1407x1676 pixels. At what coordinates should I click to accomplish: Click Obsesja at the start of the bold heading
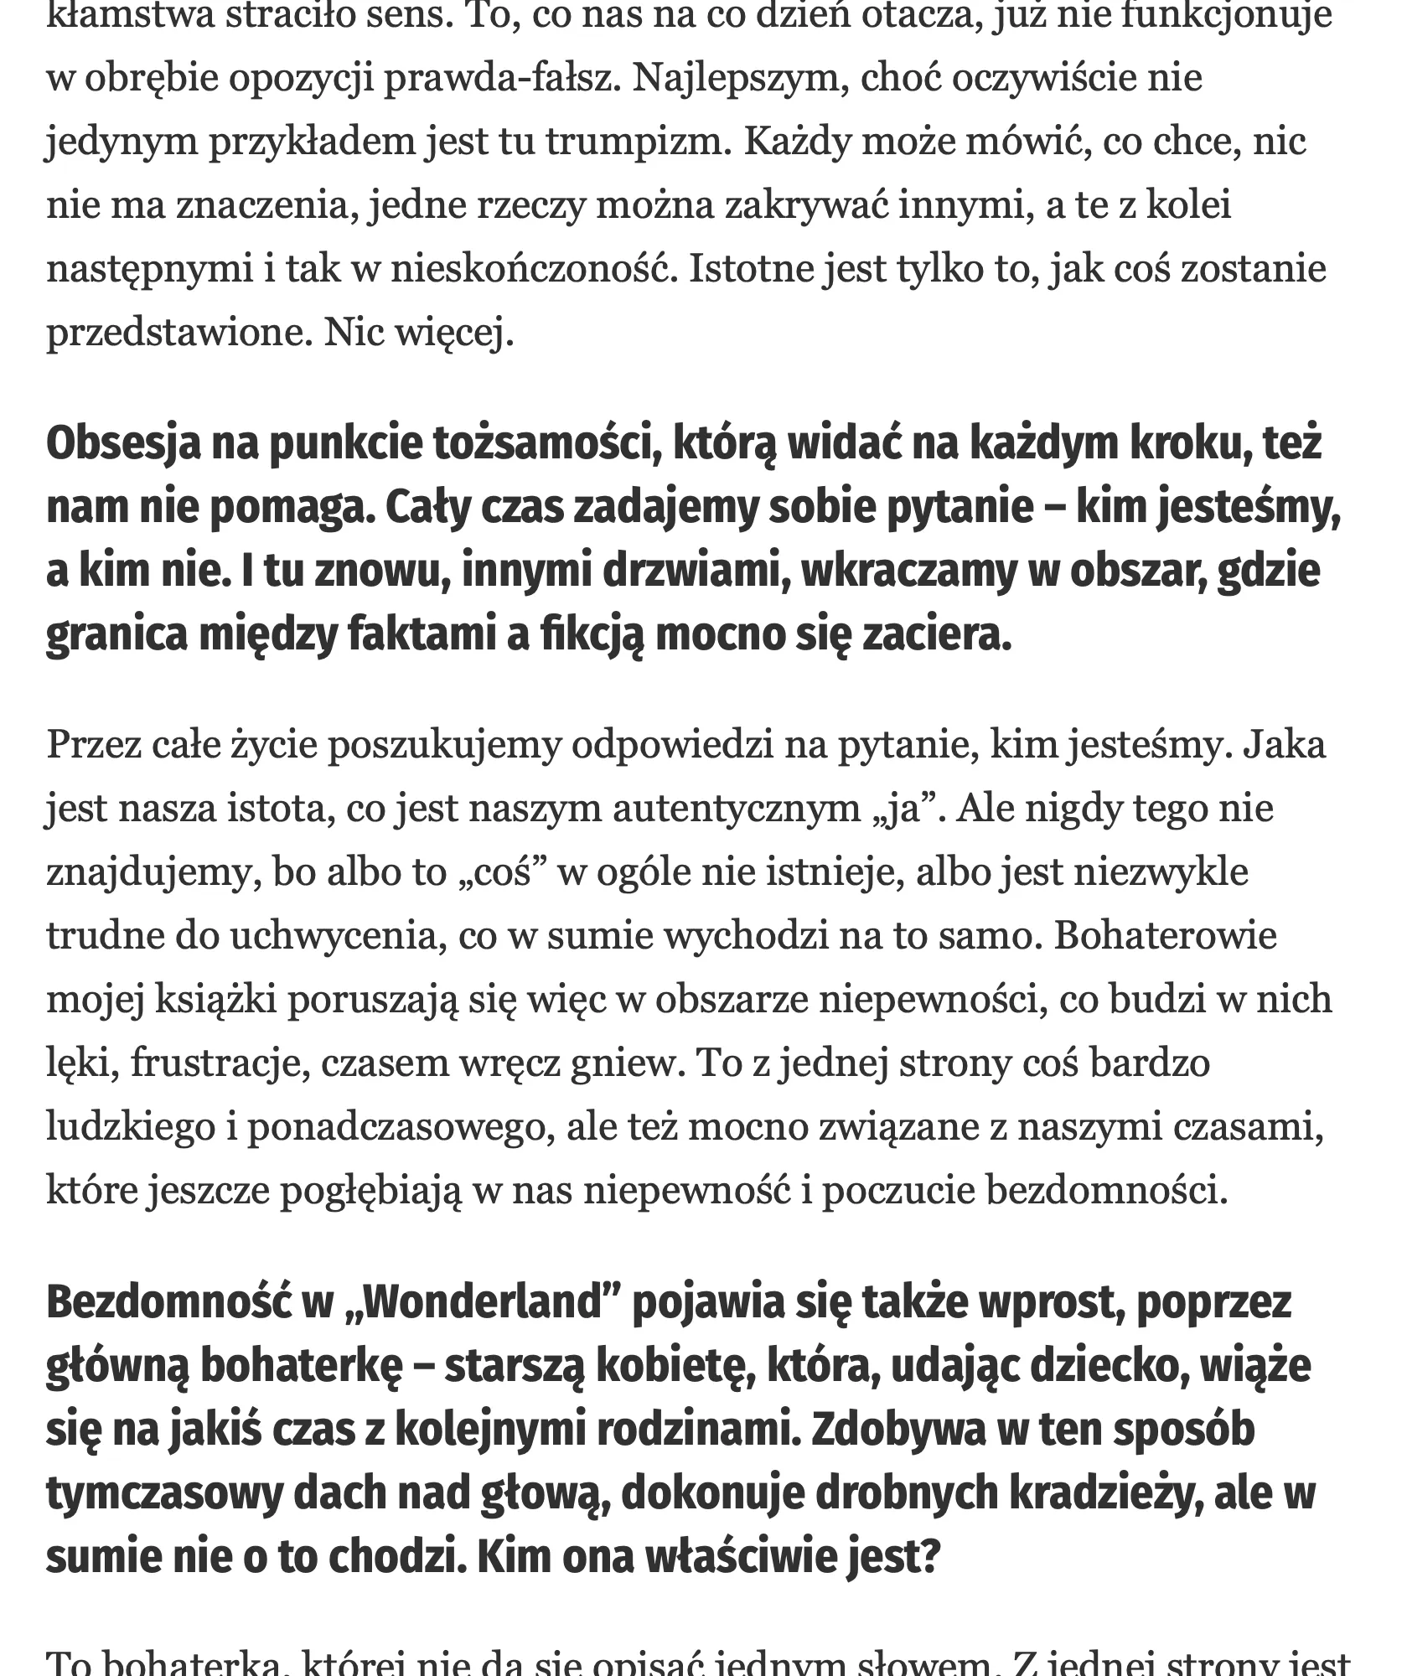coord(123,444)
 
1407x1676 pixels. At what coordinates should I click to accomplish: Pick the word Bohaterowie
coord(1165,936)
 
